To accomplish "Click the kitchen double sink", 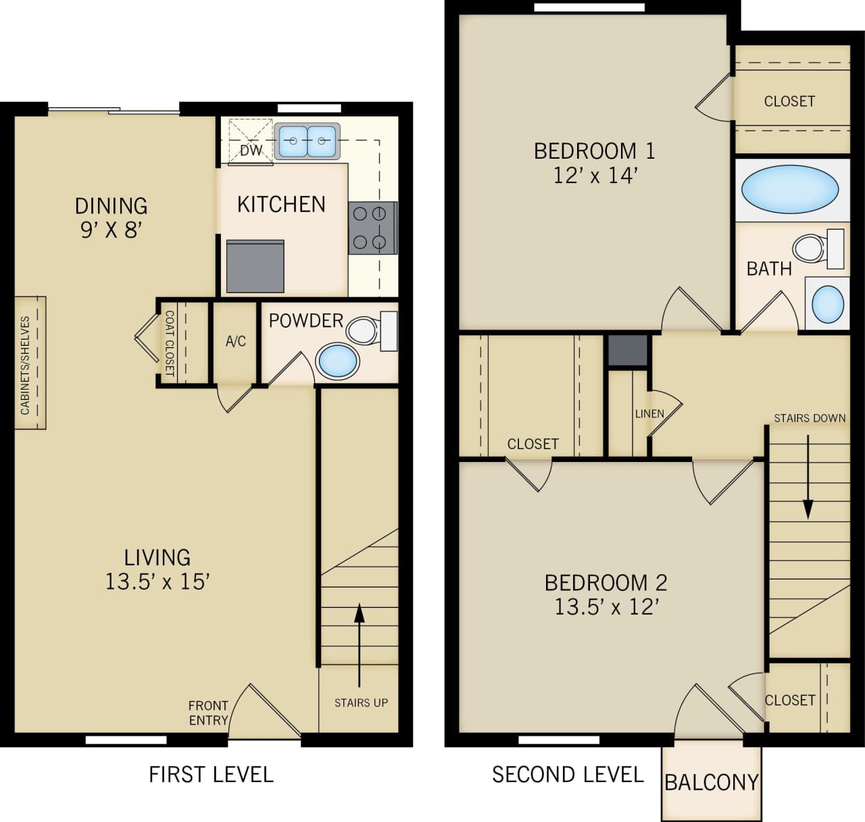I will (x=307, y=141).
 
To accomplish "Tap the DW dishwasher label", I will (x=251, y=150).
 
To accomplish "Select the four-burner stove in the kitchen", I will (x=372, y=228).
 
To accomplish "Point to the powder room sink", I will (x=337, y=361).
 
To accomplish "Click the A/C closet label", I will (x=236, y=342).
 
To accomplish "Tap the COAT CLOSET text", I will (x=170, y=343).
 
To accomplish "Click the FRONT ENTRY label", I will (x=208, y=713).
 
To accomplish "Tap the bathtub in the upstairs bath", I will (x=789, y=190).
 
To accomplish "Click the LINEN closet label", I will (x=649, y=413).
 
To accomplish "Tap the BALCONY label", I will (x=711, y=782).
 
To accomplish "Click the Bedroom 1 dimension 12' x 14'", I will (x=595, y=176).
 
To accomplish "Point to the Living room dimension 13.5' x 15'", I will (x=157, y=581).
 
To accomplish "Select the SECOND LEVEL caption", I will (x=568, y=774).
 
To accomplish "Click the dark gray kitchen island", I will (x=255, y=266).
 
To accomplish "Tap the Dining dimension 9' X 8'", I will (x=111, y=230).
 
